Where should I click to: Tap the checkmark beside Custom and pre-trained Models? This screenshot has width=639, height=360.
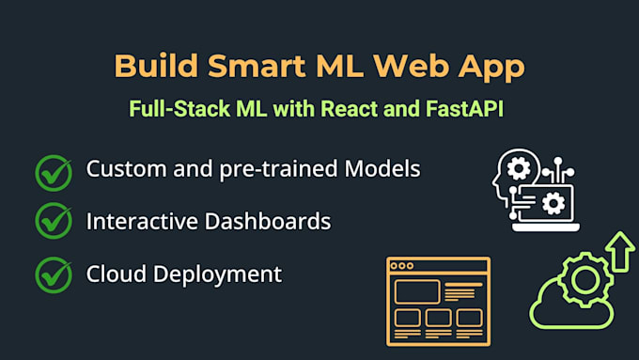tap(54, 171)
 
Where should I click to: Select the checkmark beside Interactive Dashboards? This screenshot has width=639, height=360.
tap(54, 222)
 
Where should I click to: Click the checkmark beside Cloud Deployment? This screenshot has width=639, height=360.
tap(54, 274)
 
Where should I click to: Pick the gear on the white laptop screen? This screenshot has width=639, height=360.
tap(553, 200)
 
